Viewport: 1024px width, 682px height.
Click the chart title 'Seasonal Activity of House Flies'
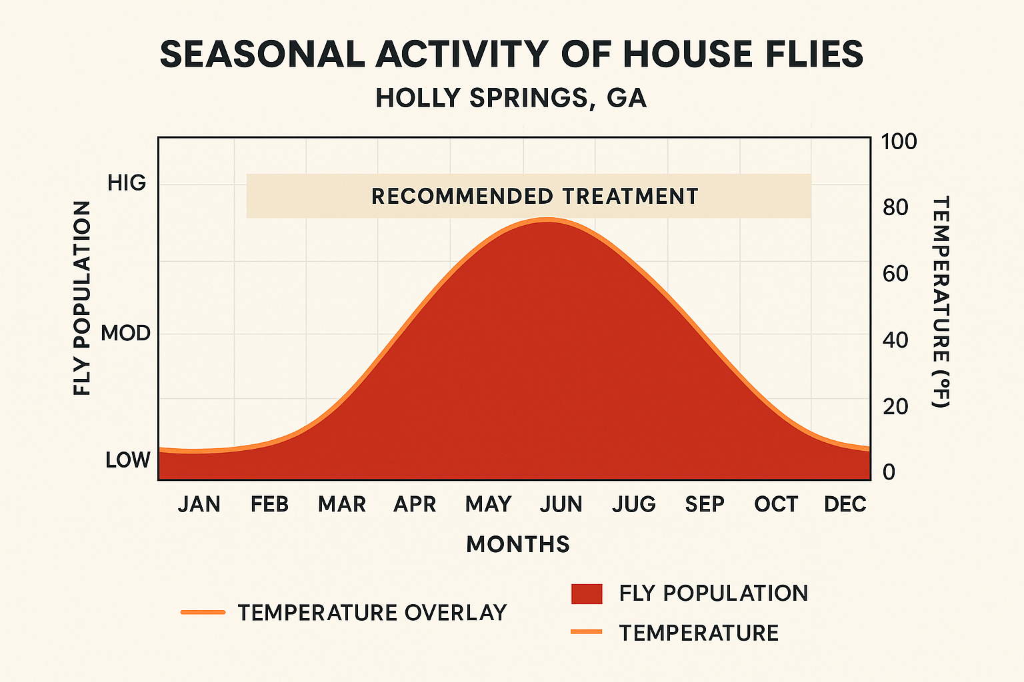tap(511, 55)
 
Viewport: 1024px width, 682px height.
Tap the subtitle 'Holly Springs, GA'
tap(511, 99)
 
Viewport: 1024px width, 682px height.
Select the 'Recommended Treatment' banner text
tap(535, 196)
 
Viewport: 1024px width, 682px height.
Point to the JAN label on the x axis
tap(199, 504)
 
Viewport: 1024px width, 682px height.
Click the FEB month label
tap(269, 504)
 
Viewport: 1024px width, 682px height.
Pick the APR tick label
tap(415, 504)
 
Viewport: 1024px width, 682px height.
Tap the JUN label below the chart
tap(561, 504)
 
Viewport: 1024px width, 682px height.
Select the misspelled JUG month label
tap(633, 504)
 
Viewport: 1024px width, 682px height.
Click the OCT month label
tap(776, 504)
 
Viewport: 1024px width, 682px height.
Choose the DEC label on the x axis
tap(845, 504)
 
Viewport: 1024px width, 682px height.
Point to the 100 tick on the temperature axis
tap(899, 142)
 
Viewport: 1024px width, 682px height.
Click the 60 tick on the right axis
tap(895, 274)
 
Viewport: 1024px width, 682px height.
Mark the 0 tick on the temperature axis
tap(889, 472)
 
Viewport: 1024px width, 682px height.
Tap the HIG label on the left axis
tap(127, 183)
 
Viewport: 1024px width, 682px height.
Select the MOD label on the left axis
tap(125, 333)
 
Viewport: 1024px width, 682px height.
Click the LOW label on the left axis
tap(127, 460)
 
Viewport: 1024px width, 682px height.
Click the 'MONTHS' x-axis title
tap(518, 544)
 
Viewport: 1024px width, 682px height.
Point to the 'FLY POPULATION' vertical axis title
tap(82, 298)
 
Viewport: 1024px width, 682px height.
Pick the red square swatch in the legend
tap(587, 593)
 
